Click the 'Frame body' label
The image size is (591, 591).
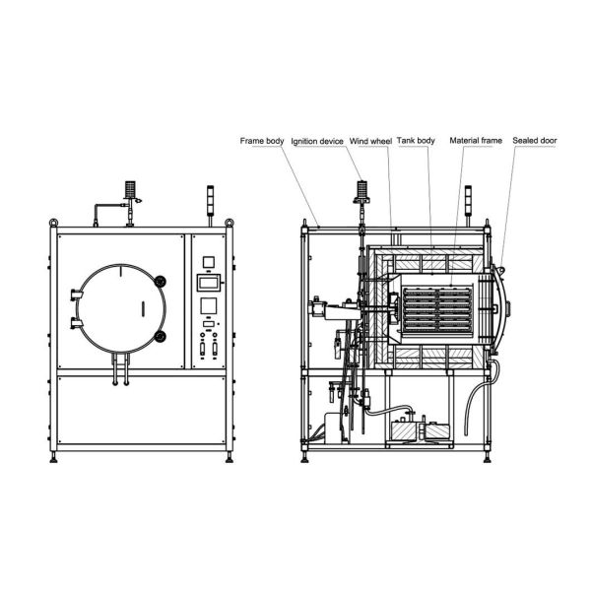[x=262, y=141]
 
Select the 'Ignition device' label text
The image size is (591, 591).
[x=317, y=141]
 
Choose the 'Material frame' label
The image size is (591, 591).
[x=476, y=141]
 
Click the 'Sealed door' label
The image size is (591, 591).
[x=534, y=141]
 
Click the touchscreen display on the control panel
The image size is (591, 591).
[x=208, y=283]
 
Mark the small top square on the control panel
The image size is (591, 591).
[x=208, y=262]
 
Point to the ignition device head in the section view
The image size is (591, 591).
[x=361, y=190]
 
